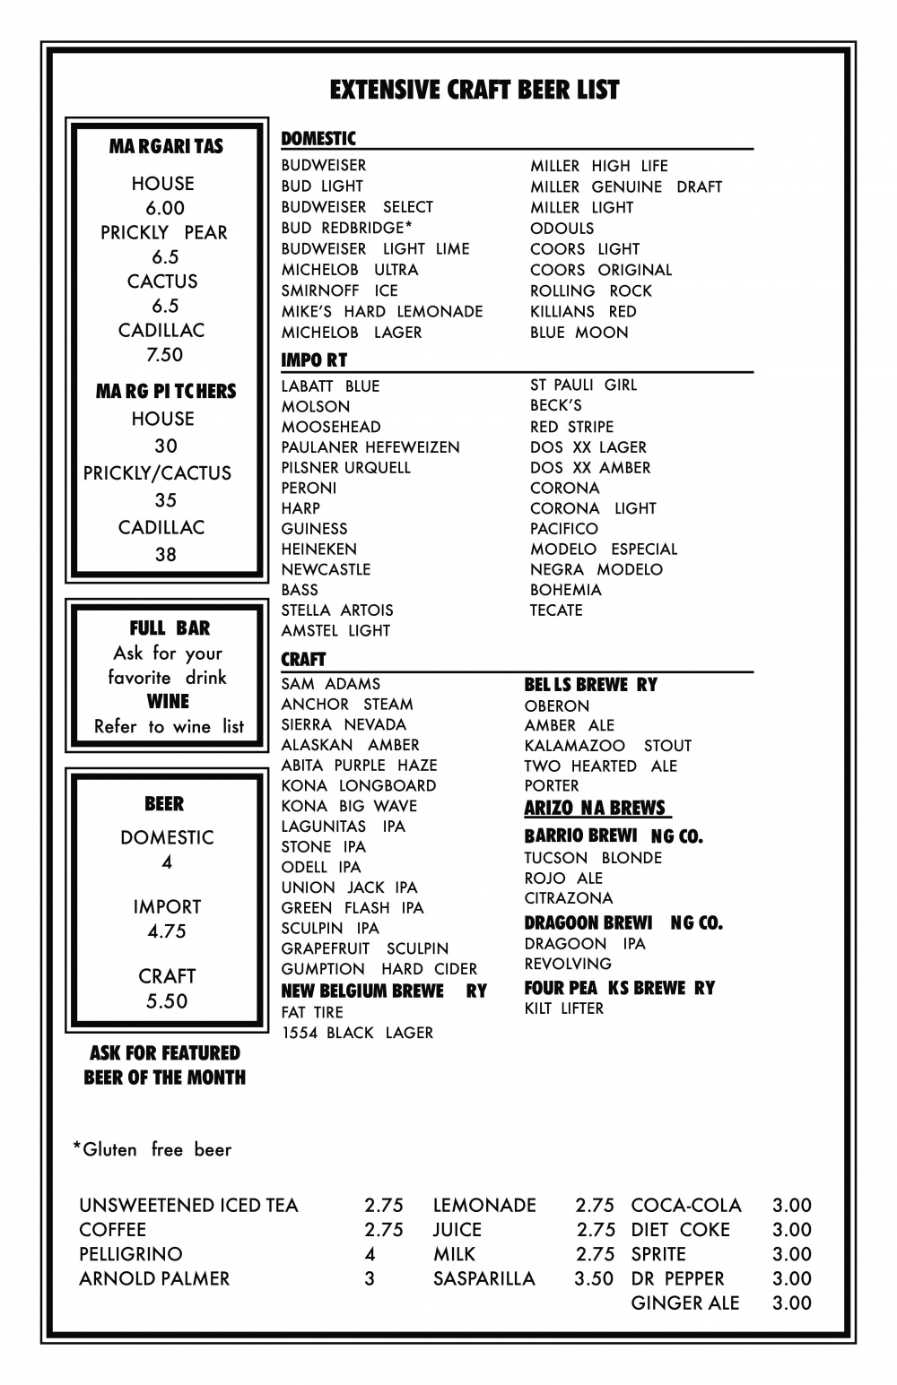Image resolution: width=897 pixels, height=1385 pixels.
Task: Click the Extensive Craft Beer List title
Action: [x=475, y=90]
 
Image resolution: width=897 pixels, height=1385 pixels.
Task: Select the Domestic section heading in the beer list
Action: [x=318, y=138]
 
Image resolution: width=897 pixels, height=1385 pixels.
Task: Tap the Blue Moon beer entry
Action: [x=579, y=333]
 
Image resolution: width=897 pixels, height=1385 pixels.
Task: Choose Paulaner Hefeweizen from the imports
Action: [x=370, y=447]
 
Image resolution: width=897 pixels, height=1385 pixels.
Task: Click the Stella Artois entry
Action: [x=336, y=610]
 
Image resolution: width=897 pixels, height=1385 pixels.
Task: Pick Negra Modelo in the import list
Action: [x=596, y=569]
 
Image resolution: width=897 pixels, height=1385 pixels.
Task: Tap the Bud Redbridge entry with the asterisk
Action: [x=346, y=228]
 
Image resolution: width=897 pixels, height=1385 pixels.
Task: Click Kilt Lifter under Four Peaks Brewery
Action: [x=563, y=1008]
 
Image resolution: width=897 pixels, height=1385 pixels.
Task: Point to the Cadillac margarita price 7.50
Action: [x=164, y=355]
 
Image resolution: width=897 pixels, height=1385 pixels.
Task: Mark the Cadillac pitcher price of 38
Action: [x=165, y=555]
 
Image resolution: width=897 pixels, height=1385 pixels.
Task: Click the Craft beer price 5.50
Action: [x=166, y=1001]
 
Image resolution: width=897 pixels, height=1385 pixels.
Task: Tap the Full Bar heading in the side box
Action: [x=170, y=628]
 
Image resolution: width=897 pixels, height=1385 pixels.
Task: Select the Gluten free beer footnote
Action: [x=152, y=1149]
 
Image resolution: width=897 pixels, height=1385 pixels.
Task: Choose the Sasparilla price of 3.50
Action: [x=594, y=1278]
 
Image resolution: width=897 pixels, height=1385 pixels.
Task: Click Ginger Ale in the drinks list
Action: [x=685, y=1303]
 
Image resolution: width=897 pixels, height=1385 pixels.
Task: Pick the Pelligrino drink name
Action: [x=130, y=1254]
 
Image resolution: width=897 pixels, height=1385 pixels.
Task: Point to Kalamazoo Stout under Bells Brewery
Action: [x=607, y=746]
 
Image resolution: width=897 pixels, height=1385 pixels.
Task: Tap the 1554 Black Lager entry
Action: [x=357, y=1033]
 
